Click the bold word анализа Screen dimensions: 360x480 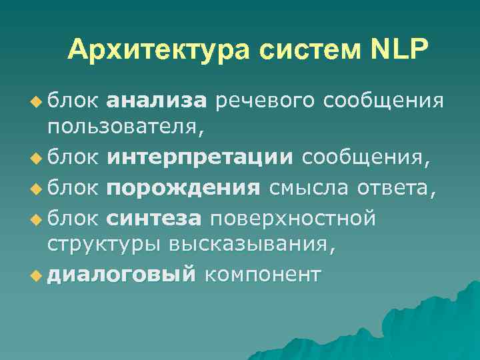pyautogui.click(x=157, y=101)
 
